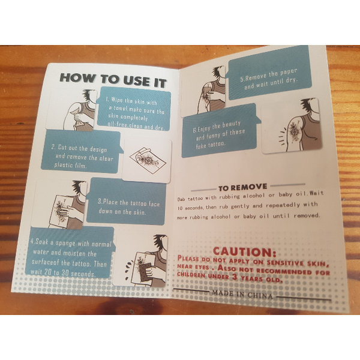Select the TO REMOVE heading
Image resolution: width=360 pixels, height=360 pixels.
(242, 188)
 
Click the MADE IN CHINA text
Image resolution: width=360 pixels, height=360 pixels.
(242, 293)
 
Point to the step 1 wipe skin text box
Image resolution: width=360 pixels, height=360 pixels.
(134, 109)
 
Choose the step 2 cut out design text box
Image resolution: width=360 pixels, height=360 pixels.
(82, 152)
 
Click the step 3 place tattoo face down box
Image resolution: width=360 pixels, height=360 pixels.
(126, 202)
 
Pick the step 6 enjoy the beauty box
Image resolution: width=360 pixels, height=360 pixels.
(220, 131)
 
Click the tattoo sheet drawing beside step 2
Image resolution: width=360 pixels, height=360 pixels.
(148, 159)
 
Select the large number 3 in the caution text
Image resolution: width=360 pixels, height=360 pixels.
(235, 277)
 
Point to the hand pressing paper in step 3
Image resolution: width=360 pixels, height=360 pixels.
(68, 211)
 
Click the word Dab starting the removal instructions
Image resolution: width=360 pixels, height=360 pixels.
(181, 199)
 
